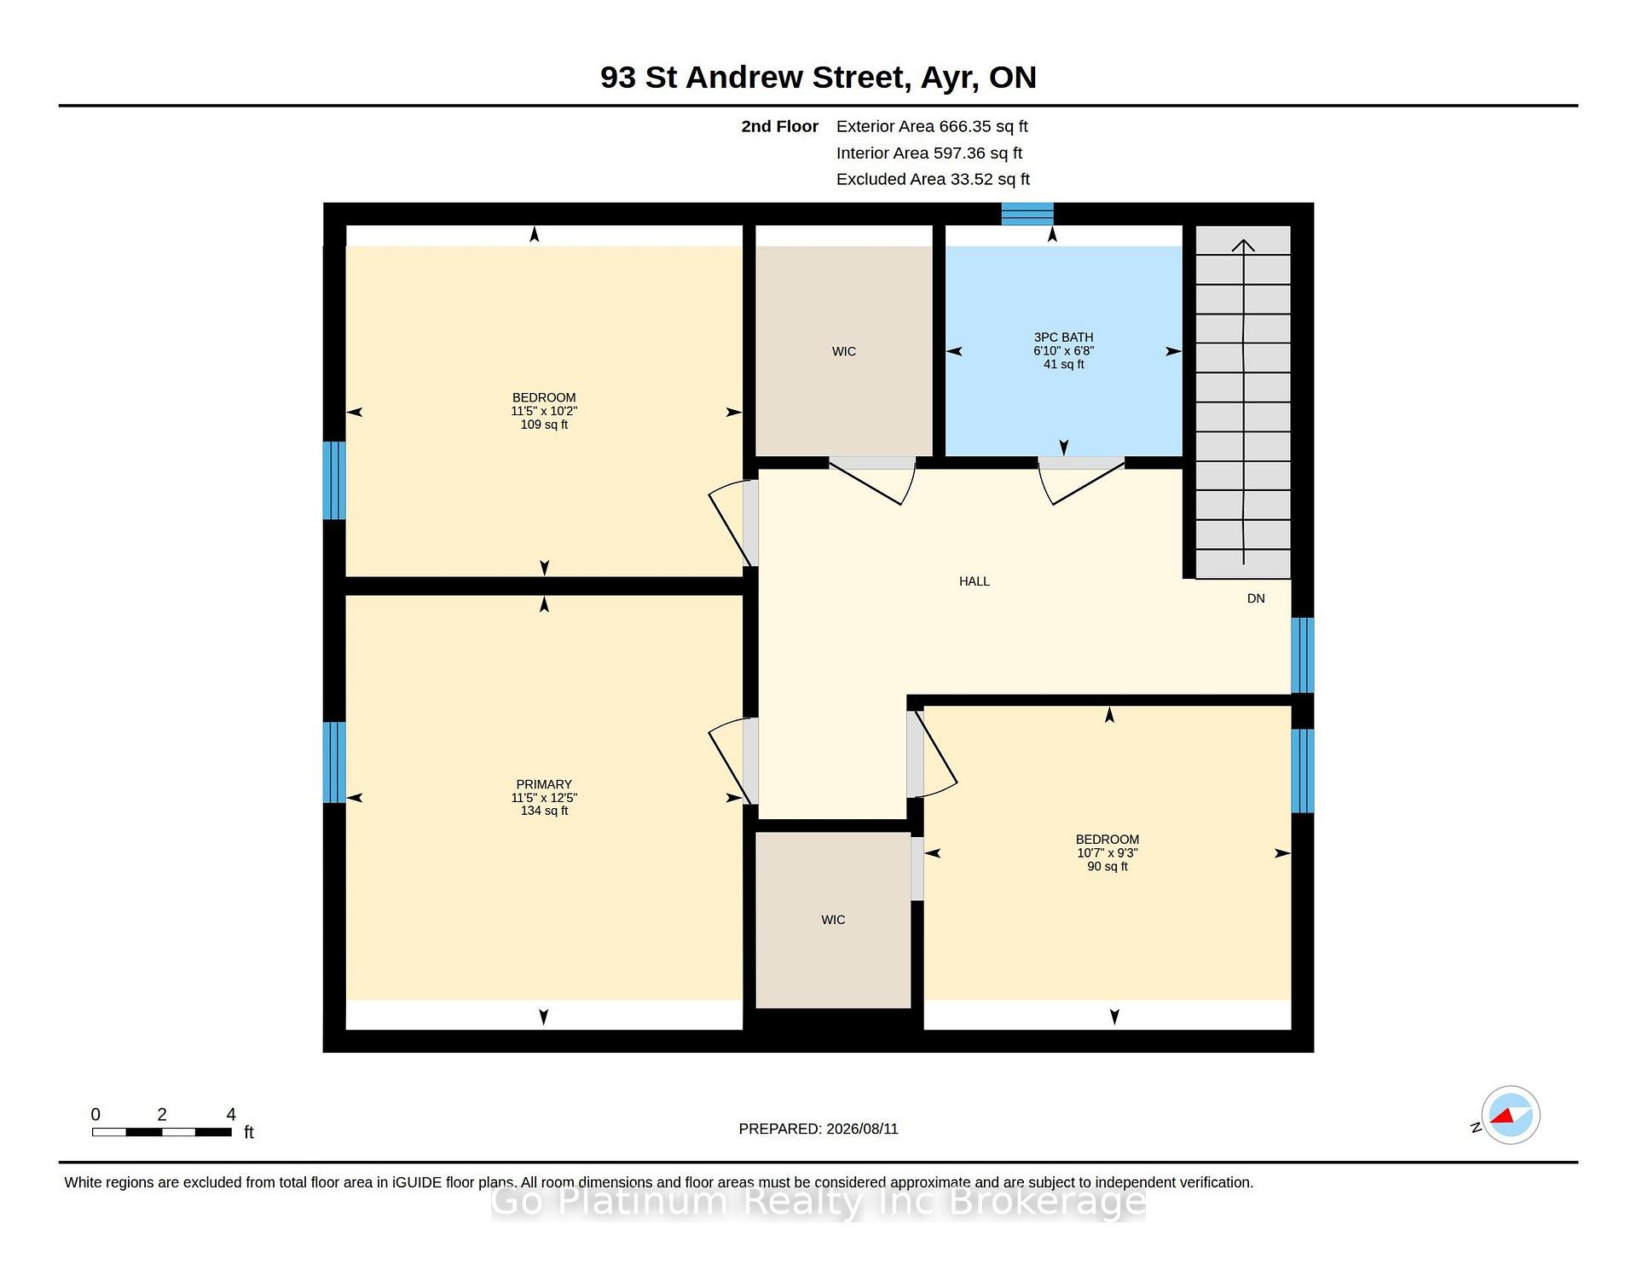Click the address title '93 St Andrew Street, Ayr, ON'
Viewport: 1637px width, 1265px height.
pyautogui.click(x=818, y=78)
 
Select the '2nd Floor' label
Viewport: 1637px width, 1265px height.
pyautogui.click(x=779, y=126)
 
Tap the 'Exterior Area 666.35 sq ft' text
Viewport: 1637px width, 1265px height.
pyautogui.click(x=932, y=126)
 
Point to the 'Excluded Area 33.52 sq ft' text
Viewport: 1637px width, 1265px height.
pyautogui.click(x=933, y=179)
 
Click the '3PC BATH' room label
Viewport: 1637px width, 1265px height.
pyautogui.click(x=1063, y=338)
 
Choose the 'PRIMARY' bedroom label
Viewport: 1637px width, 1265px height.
pyautogui.click(x=544, y=784)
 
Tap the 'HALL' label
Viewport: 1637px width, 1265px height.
pyautogui.click(x=975, y=581)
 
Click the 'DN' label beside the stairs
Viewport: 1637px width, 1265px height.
pyautogui.click(x=1256, y=598)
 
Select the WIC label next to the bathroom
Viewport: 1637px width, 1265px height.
pyautogui.click(x=844, y=351)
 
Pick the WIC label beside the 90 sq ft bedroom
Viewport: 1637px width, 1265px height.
pyautogui.click(x=833, y=920)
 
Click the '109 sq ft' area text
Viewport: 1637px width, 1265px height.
pyautogui.click(x=544, y=425)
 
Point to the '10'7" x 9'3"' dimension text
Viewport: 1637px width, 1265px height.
pyautogui.click(x=1108, y=852)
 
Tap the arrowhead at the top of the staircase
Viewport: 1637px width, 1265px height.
pyautogui.click(x=1243, y=245)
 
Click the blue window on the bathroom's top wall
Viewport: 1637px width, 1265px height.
pyautogui.click(x=1027, y=214)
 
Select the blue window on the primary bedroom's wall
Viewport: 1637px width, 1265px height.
pyautogui.click(x=334, y=762)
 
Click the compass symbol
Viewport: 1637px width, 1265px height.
pyautogui.click(x=1510, y=1115)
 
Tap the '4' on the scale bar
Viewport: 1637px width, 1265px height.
pyautogui.click(x=231, y=1114)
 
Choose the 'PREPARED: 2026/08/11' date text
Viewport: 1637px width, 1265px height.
pyautogui.click(x=818, y=1129)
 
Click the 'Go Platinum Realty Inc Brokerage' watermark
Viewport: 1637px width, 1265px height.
pyautogui.click(x=818, y=1202)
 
